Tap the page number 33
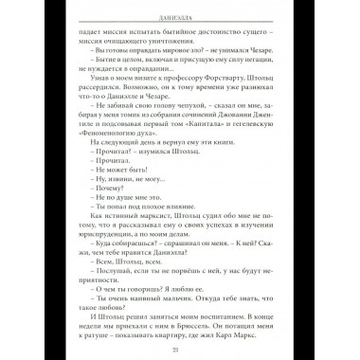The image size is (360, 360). (x=179, y=347)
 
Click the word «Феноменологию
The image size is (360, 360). (x=109, y=144)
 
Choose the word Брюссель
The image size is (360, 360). (x=232, y=309)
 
